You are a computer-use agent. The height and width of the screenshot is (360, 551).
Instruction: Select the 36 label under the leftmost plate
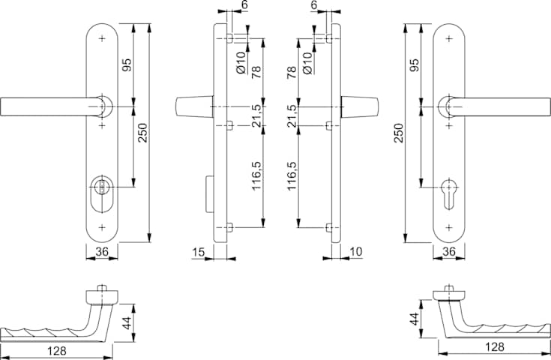click(103, 253)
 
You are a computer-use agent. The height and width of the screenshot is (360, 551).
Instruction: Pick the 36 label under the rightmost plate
click(449, 253)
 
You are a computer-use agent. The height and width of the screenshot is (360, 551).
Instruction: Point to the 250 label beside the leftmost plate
click(142, 133)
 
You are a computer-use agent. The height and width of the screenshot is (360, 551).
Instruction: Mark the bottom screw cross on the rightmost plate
click(448, 226)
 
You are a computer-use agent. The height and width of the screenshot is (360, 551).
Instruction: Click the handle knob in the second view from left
click(192, 107)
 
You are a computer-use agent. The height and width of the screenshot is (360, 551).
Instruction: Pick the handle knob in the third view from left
click(359, 107)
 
